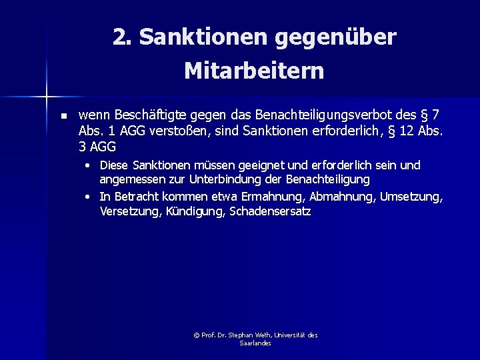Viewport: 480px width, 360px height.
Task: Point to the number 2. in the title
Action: point(122,38)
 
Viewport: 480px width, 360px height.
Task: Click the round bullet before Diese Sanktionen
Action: point(88,165)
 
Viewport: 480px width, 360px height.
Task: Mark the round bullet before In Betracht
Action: point(88,197)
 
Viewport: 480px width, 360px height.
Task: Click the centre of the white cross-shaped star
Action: point(47,97)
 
